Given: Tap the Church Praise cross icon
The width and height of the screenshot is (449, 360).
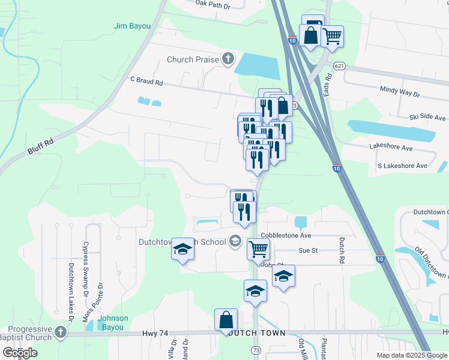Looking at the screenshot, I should (228, 59).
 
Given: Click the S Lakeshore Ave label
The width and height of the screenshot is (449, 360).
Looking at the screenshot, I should (402, 165).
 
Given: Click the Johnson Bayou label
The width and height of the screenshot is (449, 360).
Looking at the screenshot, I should (113, 322).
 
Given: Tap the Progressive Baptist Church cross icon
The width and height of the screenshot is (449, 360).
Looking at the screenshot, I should (60, 332).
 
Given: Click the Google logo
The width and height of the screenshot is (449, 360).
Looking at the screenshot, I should (19, 352).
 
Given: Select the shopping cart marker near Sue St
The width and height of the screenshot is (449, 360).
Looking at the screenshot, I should (258, 248).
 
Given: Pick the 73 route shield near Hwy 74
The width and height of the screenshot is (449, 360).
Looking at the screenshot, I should (256, 349).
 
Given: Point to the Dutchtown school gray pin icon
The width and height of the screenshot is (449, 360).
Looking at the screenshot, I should (235, 241).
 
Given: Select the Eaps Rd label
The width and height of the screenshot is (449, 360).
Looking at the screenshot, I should (328, 88).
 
